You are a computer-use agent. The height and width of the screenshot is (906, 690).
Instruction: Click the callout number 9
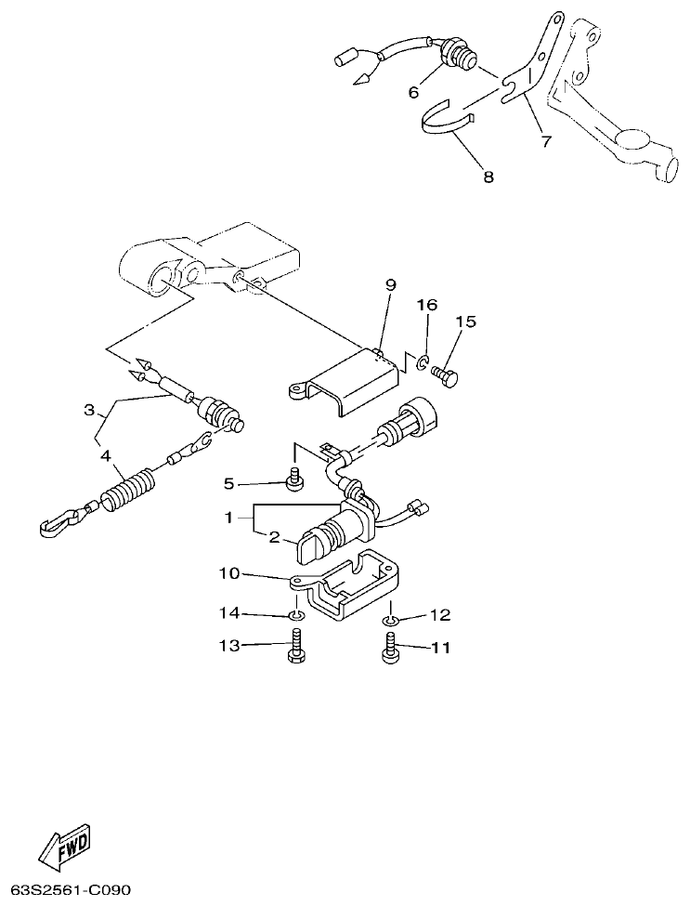[x=391, y=284]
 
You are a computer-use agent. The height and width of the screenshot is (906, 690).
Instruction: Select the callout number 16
[x=426, y=306]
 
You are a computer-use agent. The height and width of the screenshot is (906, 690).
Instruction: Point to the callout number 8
[x=488, y=176]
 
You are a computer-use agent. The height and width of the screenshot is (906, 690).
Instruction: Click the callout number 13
[x=228, y=646]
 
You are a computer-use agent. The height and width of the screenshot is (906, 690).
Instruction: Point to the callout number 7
[x=545, y=142]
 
